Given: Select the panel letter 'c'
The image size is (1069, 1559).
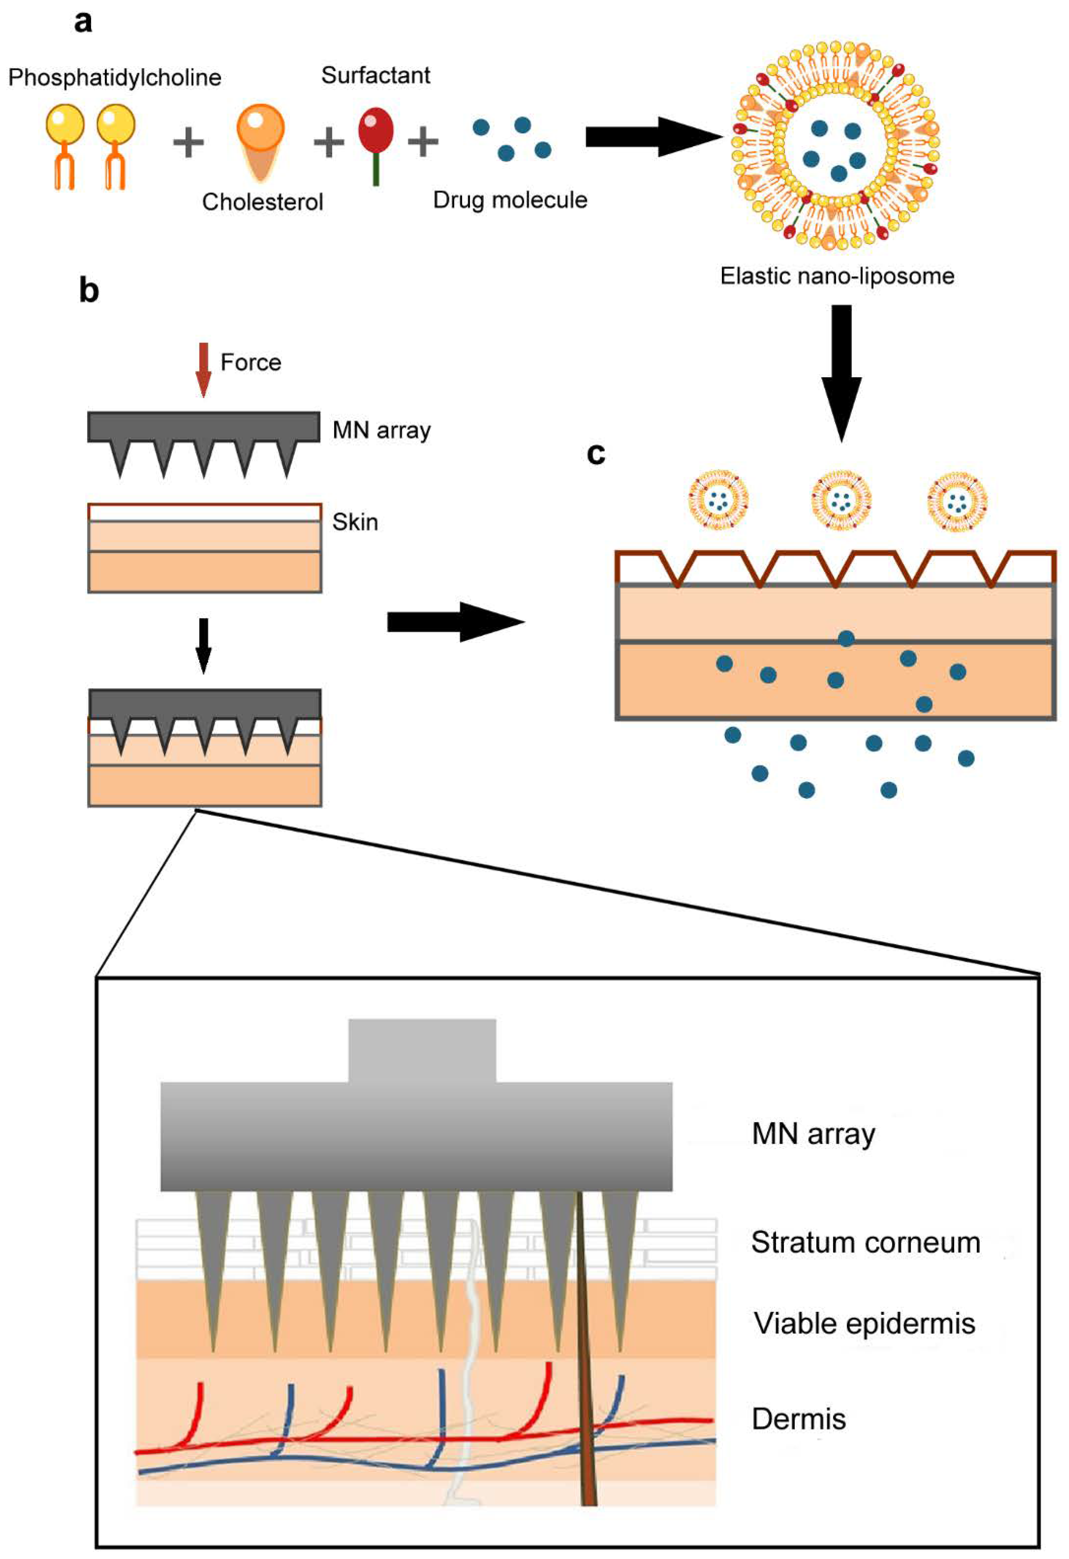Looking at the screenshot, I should pos(595,454).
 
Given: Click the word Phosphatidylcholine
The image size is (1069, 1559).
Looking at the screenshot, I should pos(115,78).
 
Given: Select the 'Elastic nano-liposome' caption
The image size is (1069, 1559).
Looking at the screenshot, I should pos(837,276).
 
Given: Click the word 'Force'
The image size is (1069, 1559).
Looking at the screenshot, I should pos(251,363).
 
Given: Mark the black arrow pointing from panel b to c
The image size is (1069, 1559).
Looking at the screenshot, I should pos(456,622).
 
